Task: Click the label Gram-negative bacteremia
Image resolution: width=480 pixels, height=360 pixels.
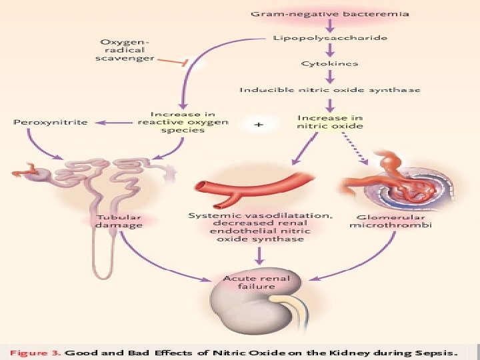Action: pos(331,13)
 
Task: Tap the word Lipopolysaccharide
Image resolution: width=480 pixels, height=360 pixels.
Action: pos(331,38)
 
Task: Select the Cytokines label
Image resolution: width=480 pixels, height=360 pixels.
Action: pos(329,63)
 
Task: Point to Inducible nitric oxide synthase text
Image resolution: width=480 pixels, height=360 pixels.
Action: pos(331,89)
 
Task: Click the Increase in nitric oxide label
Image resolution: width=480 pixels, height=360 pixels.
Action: pos(330,121)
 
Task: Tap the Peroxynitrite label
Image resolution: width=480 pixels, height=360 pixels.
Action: pos(51,123)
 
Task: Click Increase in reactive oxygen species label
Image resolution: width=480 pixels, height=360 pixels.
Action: pos(183,122)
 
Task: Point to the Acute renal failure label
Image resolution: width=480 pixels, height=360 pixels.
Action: pos(257,282)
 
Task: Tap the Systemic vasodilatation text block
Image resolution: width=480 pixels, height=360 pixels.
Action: pos(261,227)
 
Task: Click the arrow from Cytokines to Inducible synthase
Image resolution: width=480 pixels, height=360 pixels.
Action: pos(330,76)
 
